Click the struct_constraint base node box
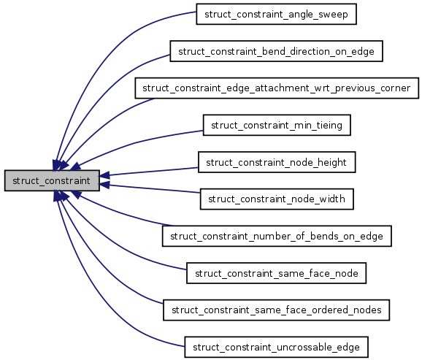[51, 180]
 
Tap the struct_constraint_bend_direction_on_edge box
[277, 51]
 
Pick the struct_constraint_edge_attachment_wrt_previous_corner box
[277, 88]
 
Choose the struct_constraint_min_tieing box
[277, 125]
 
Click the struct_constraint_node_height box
[277, 162]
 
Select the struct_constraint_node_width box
[277, 199]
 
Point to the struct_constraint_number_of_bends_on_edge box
[277, 236]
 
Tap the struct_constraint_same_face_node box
[277, 273]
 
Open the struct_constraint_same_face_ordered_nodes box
[277, 310]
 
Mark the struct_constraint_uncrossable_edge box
[277, 347]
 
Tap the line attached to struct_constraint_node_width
[153, 188]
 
